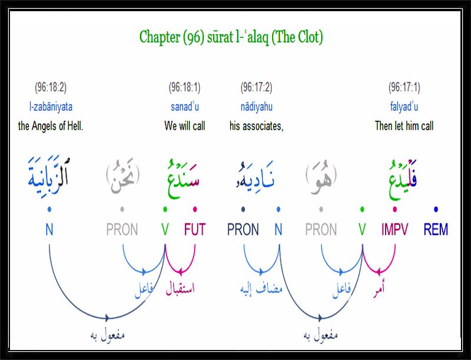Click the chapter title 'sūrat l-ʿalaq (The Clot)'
(265, 37)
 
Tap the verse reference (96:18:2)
(51, 87)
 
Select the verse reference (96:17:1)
(404, 87)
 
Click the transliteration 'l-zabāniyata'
(51, 107)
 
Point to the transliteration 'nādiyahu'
(257, 107)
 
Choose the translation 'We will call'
(185, 125)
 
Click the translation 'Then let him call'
(404, 125)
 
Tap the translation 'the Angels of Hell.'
(51, 125)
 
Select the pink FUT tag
(195, 229)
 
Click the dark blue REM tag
(436, 229)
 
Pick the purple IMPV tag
(394, 229)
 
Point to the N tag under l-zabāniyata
(49, 229)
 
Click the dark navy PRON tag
(243, 229)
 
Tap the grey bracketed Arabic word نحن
(123, 176)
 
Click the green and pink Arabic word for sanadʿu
(183, 179)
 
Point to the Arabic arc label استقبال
(180, 288)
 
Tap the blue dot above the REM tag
(436, 209)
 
